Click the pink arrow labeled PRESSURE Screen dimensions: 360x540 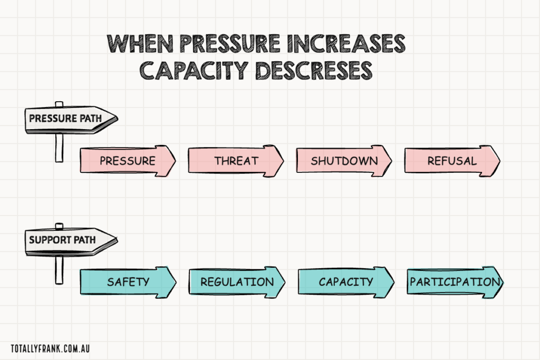pos(127,160)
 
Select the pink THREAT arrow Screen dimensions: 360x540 pos(235,160)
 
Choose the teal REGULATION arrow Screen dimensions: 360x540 pos(237,281)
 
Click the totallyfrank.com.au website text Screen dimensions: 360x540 pos(52,348)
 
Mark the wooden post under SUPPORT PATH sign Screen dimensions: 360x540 pos(59,269)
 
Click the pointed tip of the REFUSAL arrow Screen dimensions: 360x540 pos(497,160)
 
